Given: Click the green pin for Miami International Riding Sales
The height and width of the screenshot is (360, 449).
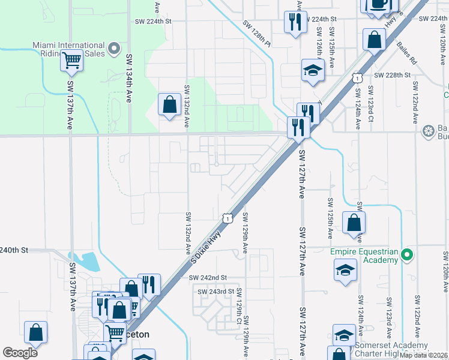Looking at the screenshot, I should [116, 48].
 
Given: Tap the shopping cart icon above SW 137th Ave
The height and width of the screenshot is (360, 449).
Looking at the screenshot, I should [71, 60].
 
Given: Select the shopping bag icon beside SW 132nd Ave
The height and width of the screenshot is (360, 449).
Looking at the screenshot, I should [170, 104].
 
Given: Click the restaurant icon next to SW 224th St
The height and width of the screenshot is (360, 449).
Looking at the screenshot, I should [295, 23].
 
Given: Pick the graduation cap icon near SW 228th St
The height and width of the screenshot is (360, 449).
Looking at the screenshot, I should [313, 70].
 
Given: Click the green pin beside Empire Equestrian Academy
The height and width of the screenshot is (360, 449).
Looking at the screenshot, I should [408, 256].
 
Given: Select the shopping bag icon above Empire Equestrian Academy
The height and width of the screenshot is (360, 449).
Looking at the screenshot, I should [354, 222].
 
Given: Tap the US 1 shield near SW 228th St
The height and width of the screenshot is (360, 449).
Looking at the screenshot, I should [357, 78].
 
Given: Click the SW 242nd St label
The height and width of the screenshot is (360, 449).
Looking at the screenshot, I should [207, 278].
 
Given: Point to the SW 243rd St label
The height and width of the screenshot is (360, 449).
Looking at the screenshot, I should [215, 292].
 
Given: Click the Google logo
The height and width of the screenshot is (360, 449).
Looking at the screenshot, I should [20, 353].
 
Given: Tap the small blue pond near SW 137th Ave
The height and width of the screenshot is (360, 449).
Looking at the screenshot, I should [90, 261].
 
